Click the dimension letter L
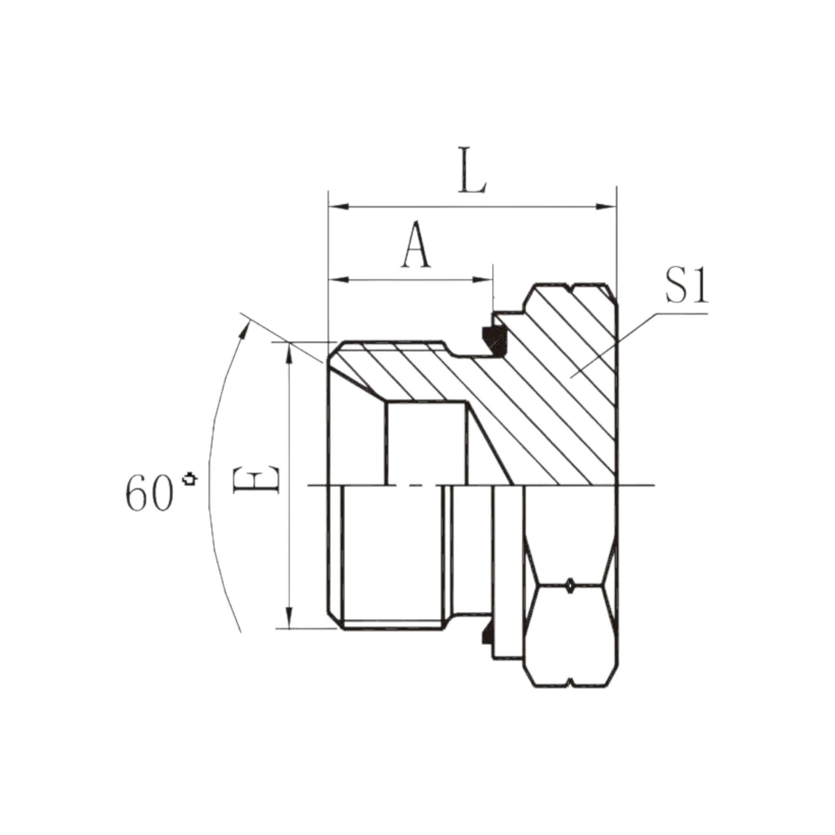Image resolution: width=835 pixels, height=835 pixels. click(x=473, y=172)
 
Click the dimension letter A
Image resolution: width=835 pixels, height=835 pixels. click(x=416, y=245)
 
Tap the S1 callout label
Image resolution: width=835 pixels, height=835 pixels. click(x=687, y=286)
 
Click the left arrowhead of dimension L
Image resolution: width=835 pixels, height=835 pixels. click(x=339, y=207)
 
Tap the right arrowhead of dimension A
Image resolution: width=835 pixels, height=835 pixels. click(x=483, y=280)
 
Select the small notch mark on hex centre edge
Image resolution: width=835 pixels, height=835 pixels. click(x=570, y=585)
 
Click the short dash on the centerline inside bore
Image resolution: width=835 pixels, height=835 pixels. click(x=415, y=486)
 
